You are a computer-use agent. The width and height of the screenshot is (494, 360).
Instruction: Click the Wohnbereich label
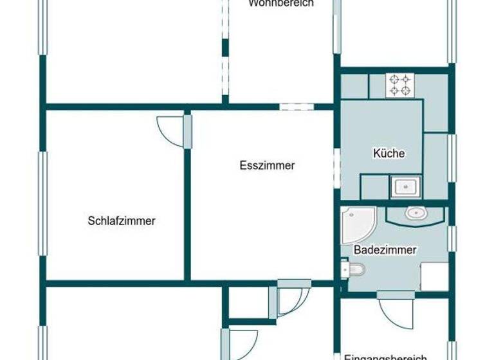280,3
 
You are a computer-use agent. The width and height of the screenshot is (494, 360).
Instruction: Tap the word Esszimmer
267,166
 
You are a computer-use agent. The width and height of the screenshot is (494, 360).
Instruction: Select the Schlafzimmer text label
122,221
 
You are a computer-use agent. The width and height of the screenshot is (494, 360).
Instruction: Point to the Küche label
389,154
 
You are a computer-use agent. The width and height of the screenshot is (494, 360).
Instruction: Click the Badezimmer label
385,250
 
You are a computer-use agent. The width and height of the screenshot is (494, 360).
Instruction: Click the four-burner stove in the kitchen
398,85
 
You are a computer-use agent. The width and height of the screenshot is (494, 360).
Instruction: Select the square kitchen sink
406,187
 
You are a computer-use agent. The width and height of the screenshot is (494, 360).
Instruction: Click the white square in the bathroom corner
434,276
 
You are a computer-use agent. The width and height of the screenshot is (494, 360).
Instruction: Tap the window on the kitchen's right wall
452,157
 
